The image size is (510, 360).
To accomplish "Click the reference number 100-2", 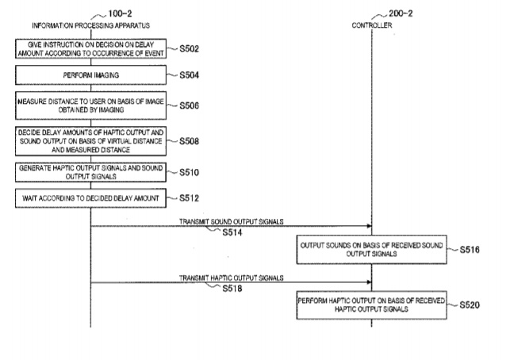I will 111,14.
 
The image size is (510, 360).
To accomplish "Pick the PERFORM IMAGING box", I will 91,76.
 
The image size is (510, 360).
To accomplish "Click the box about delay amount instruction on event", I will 91,49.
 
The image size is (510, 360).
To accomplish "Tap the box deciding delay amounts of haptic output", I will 91,141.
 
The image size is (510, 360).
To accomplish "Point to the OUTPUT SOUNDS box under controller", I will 371,248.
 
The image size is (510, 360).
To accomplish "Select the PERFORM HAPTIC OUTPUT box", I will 371,305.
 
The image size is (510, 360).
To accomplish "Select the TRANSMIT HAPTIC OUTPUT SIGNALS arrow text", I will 231,278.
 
